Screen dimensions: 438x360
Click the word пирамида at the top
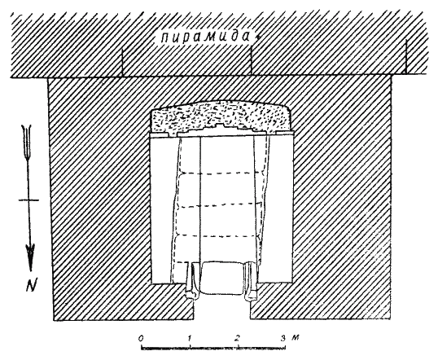click(205, 37)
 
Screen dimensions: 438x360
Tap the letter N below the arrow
click(31, 285)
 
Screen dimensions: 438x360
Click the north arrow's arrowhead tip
click(30, 270)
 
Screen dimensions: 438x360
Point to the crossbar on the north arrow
click(28, 200)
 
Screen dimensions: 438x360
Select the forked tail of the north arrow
click(27, 143)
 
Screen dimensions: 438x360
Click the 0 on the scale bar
click(142, 339)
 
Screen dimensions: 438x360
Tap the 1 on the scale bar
click(190, 338)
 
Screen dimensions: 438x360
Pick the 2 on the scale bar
click(237, 338)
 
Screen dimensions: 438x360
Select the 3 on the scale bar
click(283, 338)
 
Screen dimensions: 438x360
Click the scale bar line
click(213, 349)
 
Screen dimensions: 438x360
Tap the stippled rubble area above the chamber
click(221, 116)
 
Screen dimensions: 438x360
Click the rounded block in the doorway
click(221, 278)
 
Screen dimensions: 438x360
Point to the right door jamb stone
click(250, 282)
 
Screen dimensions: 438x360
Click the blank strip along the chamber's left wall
click(161, 209)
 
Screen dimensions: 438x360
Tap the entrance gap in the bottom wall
click(222, 307)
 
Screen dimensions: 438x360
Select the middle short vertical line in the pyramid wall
click(251, 60)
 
